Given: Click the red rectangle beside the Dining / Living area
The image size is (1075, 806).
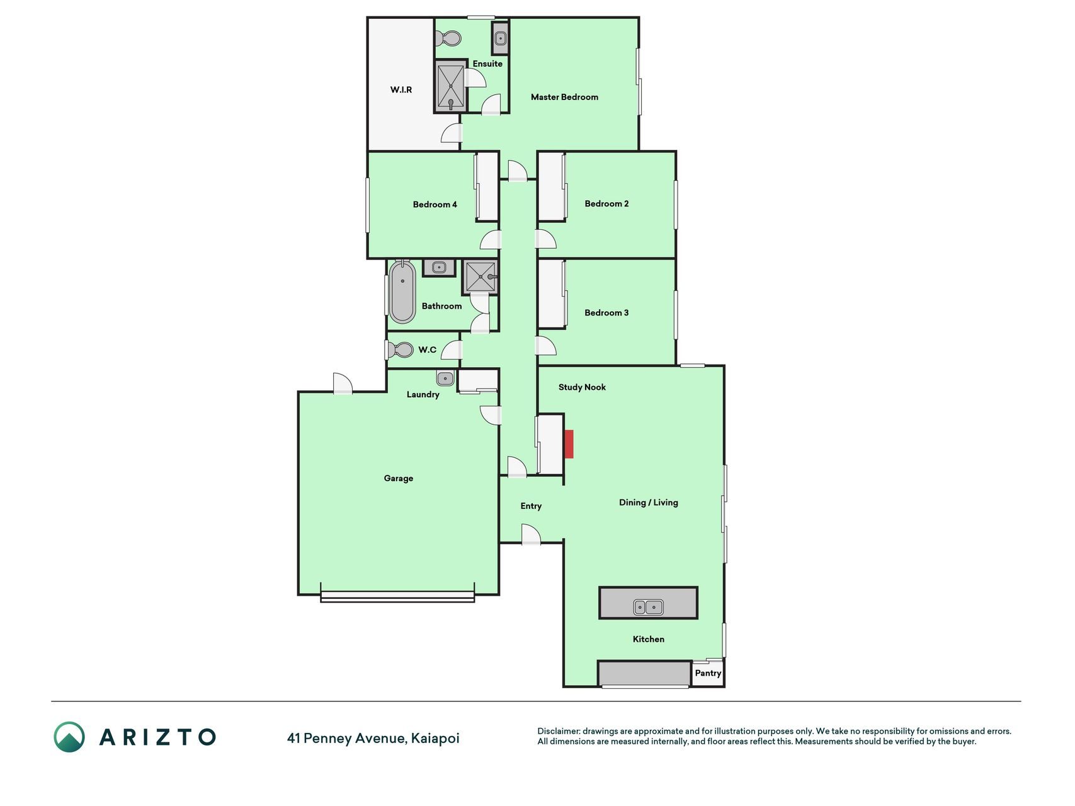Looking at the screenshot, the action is pyautogui.click(x=569, y=444).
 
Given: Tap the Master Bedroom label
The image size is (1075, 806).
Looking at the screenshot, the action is pyautogui.click(x=564, y=97).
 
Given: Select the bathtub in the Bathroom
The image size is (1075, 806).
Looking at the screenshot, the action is pyautogui.click(x=402, y=292).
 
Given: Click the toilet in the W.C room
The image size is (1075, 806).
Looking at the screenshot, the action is pyautogui.click(x=399, y=349).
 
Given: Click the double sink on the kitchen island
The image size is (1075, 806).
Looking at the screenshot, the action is pyautogui.click(x=648, y=607).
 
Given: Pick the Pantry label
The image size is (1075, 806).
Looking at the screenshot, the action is pyautogui.click(x=708, y=673).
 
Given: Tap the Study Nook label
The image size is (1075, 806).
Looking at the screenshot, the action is pyautogui.click(x=582, y=387).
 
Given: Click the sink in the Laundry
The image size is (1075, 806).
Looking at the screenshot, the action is pyautogui.click(x=445, y=378).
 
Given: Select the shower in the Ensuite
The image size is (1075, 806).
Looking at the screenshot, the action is pyautogui.click(x=450, y=87).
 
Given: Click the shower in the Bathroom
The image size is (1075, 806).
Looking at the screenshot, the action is pyautogui.click(x=481, y=276).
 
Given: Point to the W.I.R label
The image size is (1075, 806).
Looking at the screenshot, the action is pyautogui.click(x=401, y=90).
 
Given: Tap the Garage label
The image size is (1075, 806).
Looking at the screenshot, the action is pyautogui.click(x=399, y=479).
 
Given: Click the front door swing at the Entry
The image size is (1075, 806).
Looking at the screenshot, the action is pyautogui.click(x=531, y=534).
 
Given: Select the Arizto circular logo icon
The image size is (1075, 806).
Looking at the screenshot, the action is pyautogui.click(x=69, y=737).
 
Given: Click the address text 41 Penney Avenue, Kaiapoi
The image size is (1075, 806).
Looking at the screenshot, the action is pyautogui.click(x=373, y=738).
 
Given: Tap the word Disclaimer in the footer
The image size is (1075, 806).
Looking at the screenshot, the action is pyautogui.click(x=559, y=731).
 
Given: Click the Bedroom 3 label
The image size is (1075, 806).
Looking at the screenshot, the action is pyautogui.click(x=606, y=313).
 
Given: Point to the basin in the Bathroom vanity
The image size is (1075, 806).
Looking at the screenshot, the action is pyautogui.click(x=439, y=268).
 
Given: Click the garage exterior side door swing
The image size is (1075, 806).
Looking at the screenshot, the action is pyautogui.click(x=342, y=383).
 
